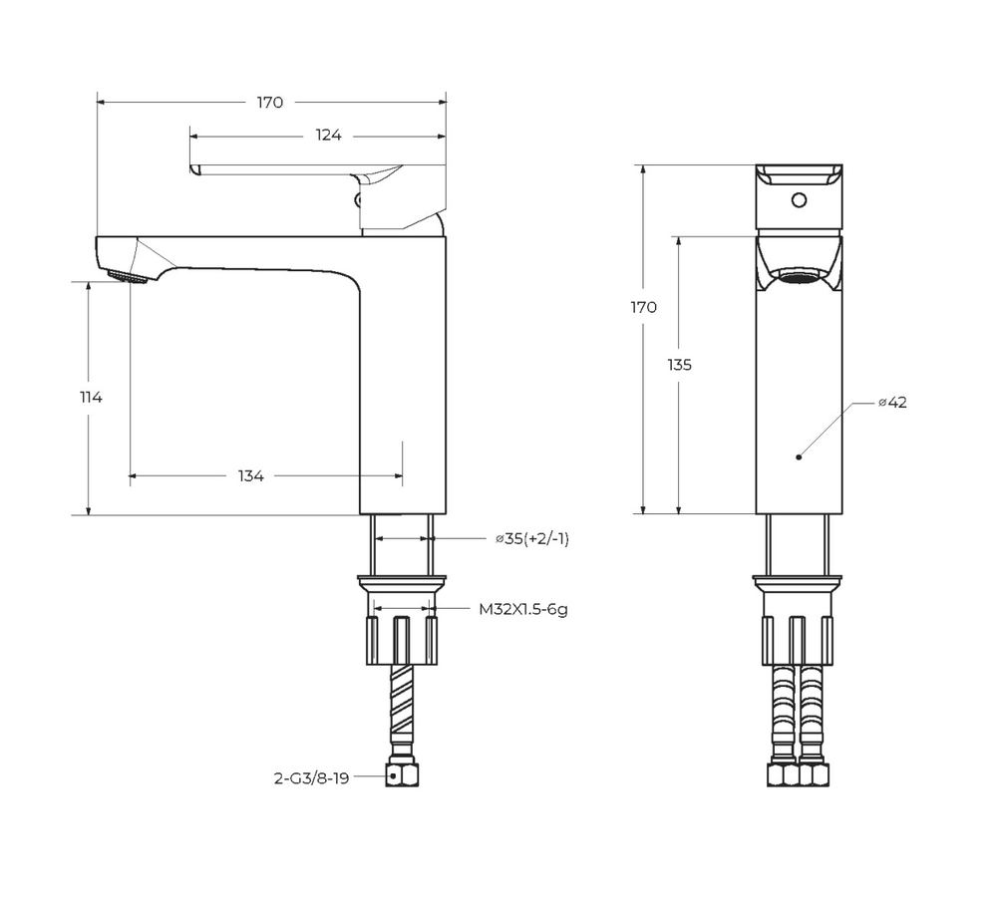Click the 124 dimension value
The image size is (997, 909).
(x=330, y=136)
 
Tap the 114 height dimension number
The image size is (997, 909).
(x=91, y=397)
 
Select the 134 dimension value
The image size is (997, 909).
(x=250, y=476)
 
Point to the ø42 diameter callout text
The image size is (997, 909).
(x=892, y=403)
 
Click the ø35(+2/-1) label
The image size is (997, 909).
(x=531, y=538)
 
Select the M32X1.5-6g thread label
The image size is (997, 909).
(x=522, y=609)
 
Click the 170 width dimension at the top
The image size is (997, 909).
(x=270, y=102)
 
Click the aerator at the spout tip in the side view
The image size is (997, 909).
(x=125, y=276)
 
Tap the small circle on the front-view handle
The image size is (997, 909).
(x=797, y=200)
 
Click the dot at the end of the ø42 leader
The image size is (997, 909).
(x=799, y=457)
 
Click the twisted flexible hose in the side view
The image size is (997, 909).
(x=402, y=702)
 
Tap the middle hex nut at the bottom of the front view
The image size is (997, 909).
(x=798, y=775)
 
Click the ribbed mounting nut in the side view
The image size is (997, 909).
(x=402, y=640)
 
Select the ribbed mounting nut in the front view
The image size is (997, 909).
(x=798, y=640)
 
